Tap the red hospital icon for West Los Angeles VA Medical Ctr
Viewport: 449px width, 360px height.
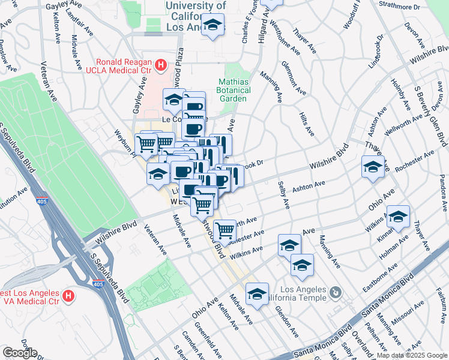(68, 296)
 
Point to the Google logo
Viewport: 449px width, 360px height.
(19, 353)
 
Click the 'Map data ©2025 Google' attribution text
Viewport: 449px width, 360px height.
(412, 355)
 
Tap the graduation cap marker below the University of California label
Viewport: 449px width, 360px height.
(212, 25)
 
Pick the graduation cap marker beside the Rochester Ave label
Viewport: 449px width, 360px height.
(373, 166)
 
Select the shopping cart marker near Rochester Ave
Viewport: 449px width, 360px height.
(224, 229)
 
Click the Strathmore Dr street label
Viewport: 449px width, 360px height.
(400, 7)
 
